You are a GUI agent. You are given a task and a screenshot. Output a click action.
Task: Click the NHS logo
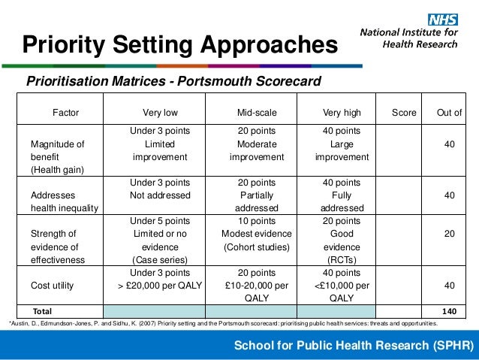(x=444, y=20)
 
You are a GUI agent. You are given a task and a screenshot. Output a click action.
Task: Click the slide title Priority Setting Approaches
(x=179, y=46)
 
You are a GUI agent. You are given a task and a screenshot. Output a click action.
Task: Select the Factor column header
(x=65, y=113)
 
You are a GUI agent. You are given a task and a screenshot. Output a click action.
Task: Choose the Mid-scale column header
(x=257, y=113)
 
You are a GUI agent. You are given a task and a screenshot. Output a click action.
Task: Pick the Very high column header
(x=342, y=113)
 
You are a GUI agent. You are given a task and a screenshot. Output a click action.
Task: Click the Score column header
(x=404, y=113)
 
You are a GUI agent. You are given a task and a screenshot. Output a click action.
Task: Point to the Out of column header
(x=449, y=113)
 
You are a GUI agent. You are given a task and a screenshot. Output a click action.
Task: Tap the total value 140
(x=449, y=310)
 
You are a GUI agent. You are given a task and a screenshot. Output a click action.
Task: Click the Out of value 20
(x=449, y=233)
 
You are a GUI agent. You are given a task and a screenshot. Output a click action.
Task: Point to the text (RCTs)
(x=342, y=259)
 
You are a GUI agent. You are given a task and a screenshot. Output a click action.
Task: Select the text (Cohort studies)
(x=257, y=247)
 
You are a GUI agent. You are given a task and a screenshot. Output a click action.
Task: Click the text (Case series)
(x=160, y=259)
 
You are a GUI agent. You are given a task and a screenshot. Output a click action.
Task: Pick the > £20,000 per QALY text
(x=160, y=286)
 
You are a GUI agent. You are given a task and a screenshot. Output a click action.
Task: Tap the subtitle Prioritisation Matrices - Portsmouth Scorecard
(x=173, y=80)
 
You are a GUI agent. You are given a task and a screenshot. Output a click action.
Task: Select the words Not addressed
(x=160, y=195)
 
